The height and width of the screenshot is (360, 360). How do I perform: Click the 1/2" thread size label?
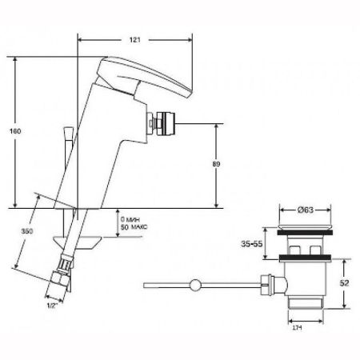[53, 304]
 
